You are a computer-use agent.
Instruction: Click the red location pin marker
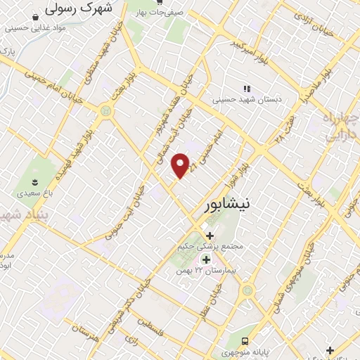pyautogui.click(x=181, y=165)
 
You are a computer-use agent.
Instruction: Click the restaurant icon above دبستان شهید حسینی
pyautogui.click(x=247, y=89)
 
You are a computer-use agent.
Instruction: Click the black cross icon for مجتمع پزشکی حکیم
pyautogui.click(x=209, y=236)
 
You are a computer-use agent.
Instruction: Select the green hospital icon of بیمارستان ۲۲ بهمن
pyautogui.click(x=207, y=259)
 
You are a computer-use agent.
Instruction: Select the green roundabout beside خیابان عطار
pyautogui.click(x=247, y=290)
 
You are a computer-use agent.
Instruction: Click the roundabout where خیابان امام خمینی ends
pyautogui.click(x=106, y=110)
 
